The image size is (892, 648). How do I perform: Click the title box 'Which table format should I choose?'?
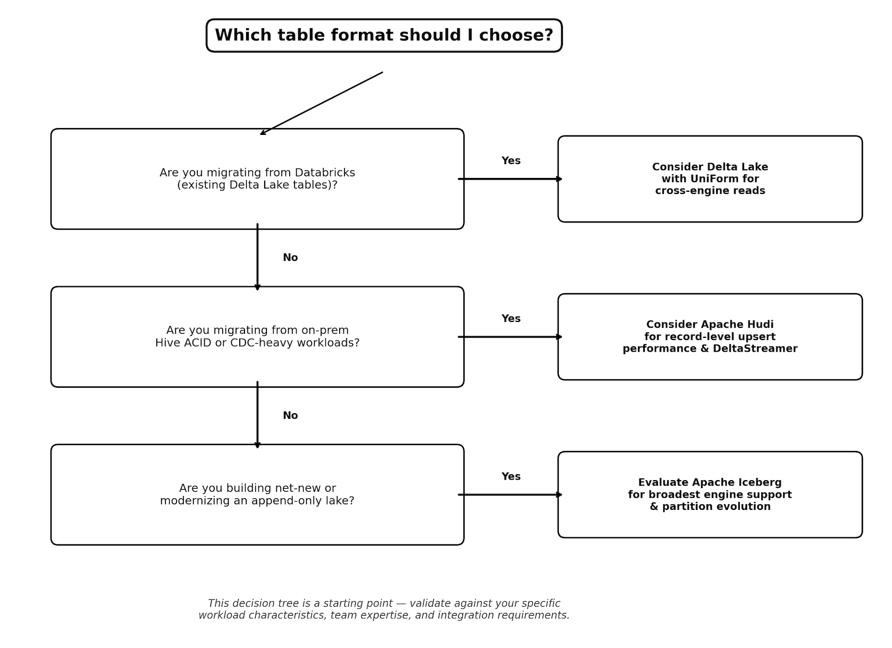384,36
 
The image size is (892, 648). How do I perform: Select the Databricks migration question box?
257,179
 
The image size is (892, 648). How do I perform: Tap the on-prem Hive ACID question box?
257,337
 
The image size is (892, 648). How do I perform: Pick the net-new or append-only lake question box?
257,495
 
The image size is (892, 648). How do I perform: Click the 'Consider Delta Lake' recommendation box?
710,179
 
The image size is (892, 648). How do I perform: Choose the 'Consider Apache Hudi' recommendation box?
710,337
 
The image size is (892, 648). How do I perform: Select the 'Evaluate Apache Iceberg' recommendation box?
710,495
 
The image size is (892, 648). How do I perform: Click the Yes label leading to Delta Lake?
511,161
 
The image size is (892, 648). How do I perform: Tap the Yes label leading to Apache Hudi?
511,319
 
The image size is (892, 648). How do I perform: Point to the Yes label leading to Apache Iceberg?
511,476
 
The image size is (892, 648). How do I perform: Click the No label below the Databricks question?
290,258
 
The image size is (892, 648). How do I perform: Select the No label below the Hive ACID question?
290,416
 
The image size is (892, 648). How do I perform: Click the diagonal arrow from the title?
322,104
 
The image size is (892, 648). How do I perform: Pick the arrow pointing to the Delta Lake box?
510,179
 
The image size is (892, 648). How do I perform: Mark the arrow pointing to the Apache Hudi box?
510,337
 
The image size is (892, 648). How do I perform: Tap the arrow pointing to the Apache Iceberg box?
510,495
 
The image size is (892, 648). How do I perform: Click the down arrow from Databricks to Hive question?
258,257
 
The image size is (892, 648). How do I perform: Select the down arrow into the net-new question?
258,415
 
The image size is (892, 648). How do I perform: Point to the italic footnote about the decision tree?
384,609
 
